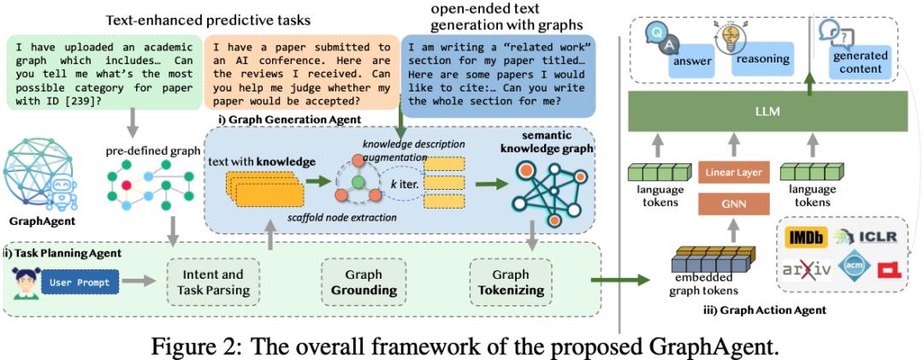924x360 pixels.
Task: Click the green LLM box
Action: [x=768, y=111]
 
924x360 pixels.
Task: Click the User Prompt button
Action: [x=80, y=282]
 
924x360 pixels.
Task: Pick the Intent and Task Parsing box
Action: [x=213, y=282]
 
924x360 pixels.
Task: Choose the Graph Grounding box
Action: [x=364, y=282]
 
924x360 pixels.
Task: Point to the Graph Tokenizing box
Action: [x=511, y=282]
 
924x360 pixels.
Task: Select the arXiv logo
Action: [x=807, y=269]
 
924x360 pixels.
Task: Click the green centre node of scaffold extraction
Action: [x=357, y=180]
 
